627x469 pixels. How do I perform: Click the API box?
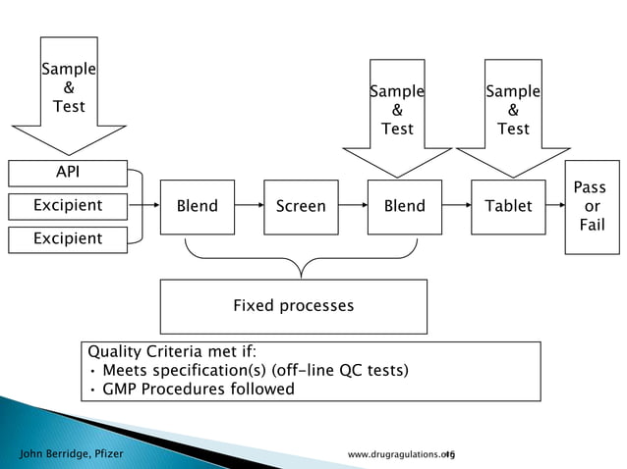tap(68, 174)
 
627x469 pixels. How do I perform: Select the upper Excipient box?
tap(68, 206)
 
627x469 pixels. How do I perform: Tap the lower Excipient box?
tap(68, 238)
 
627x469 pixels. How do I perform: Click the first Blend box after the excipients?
tap(197, 206)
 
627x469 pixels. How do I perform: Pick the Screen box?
tap(301, 206)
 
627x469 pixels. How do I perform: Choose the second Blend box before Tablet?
tap(404, 206)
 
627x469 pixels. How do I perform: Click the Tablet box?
tap(508, 206)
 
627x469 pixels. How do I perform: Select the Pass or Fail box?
tap(592, 206)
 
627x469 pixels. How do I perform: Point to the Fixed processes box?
tap(293, 306)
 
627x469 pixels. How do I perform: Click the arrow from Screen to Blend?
tap(354, 206)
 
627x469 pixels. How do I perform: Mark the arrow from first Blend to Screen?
tap(250, 206)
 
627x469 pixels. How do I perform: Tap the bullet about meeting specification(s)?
tap(248, 370)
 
